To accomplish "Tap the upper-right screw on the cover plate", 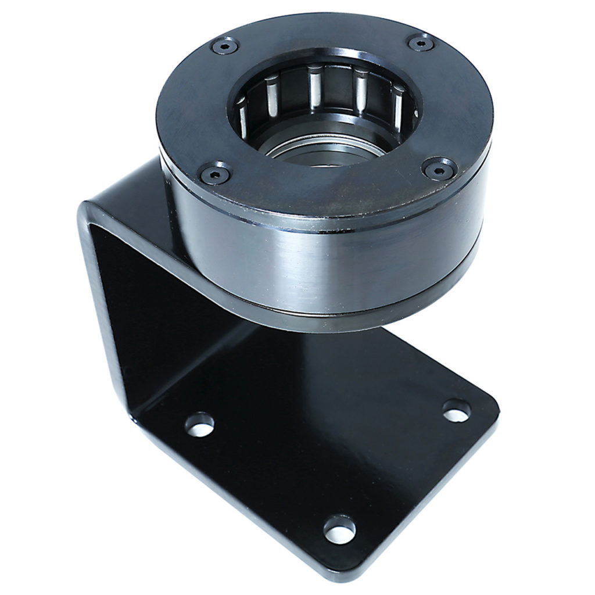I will (420, 42).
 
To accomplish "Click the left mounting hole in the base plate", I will (199, 424).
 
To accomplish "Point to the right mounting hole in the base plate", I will (457, 410).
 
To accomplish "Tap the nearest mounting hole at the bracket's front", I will (339, 529).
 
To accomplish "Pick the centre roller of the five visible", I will (315, 87).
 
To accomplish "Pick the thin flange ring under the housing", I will (325, 317).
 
